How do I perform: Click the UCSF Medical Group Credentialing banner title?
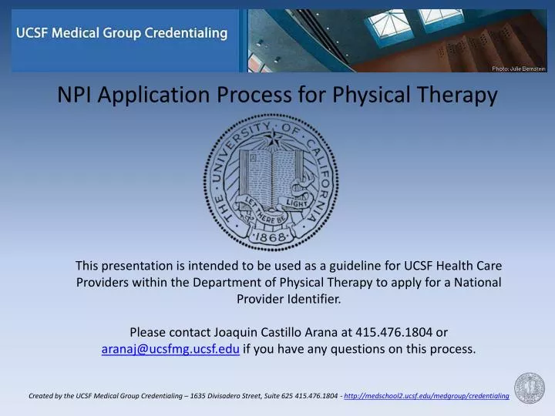(123, 34)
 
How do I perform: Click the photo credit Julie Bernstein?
(518, 69)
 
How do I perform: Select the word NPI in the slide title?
(76, 95)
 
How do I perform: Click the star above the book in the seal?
(272, 139)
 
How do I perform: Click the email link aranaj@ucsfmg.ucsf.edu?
(170, 349)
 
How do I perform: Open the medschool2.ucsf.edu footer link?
(426, 396)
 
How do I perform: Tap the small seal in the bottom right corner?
(530, 387)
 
